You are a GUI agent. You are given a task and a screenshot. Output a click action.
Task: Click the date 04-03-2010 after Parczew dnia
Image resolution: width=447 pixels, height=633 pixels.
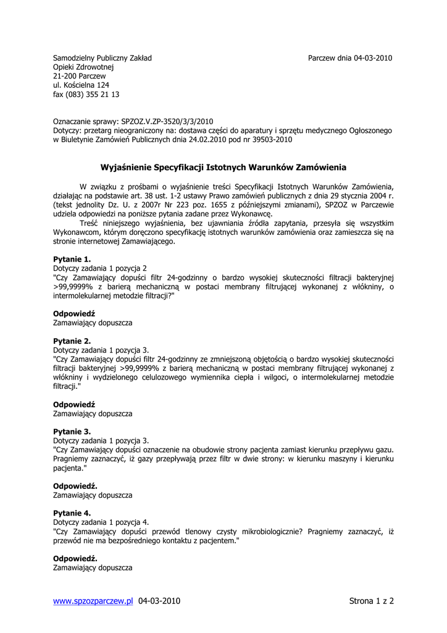[x=373, y=58]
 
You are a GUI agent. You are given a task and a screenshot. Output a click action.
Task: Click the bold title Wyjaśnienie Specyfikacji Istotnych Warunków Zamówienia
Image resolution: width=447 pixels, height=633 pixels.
[x=223, y=168]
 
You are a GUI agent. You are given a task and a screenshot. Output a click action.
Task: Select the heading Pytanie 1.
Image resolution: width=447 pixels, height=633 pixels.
[x=72, y=259]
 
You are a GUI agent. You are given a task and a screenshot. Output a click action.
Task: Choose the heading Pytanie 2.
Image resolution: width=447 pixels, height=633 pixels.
[x=72, y=341]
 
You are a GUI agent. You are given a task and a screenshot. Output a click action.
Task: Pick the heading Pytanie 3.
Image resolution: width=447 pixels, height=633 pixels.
[x=72, y=431]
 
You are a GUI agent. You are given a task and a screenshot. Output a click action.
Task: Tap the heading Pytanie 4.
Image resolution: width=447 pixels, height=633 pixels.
[x=72, y=513]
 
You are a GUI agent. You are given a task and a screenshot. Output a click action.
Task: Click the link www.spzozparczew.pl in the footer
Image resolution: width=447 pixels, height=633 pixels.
[x=93, y=601]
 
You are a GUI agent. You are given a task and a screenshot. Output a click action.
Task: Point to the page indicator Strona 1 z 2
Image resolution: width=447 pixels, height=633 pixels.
[x=371, y=601]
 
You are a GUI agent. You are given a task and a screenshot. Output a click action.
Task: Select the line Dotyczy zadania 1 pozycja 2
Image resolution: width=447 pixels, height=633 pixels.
[x=100, y=268]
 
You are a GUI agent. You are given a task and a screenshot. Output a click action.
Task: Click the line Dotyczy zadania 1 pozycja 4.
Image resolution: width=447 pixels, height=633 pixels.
[x=101, y=522]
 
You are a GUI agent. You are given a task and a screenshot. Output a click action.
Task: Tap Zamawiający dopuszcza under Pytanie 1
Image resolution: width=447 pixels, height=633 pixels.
[x=93, y=323]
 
